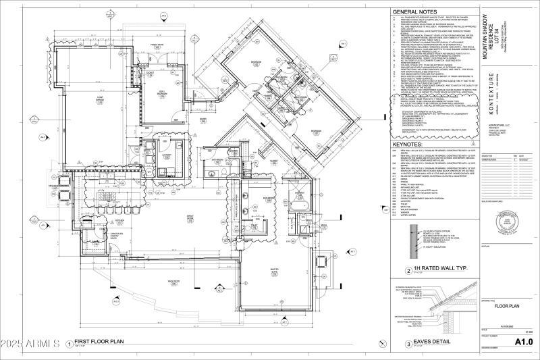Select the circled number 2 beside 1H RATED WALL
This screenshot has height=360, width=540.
[x=408, y=272]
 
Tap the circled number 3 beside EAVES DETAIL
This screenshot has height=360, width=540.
[x=408, y=344]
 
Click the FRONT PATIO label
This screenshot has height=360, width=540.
[x=157, y=45]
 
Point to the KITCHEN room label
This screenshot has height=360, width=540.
[x=119, y=222]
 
